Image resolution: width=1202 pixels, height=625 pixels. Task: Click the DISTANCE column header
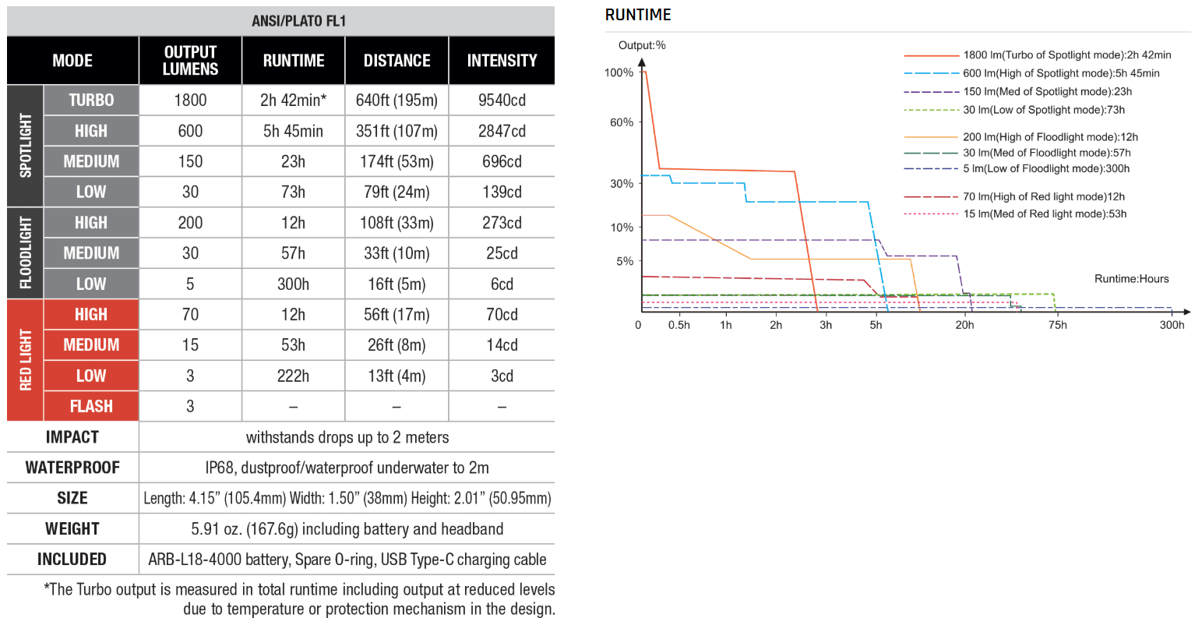tap(397, 61)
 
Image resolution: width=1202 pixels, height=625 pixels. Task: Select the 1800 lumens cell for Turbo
tap(190, 101)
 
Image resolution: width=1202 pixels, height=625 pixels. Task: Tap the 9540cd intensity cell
tap(502, 101)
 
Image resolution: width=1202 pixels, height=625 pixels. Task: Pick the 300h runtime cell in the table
tap(293, 284)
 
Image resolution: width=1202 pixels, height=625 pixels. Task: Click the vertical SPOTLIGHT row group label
tap(26, 146)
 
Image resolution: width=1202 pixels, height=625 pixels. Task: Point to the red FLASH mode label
tap(91, 407)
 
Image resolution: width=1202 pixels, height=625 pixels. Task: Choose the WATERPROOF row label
tap(72, 468)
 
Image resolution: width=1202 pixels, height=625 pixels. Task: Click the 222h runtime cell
tap(293, 376)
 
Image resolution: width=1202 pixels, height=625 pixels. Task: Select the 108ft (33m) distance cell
tap(397, 223)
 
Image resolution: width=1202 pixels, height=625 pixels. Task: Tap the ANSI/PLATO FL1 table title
tap(298, 21)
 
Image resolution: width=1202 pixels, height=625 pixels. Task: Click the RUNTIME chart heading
tap(638, 15)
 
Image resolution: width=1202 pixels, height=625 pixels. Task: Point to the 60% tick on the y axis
tap(621, 122)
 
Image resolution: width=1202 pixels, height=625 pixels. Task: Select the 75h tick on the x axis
tap(1057, 325)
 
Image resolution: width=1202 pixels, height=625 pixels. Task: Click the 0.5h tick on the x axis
tap(679, 325)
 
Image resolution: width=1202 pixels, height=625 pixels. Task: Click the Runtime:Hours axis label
tap(1131, 279)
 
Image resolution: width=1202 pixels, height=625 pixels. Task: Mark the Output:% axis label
tap(642, 45)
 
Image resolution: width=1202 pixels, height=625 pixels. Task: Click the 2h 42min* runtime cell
tap(293, 101)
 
